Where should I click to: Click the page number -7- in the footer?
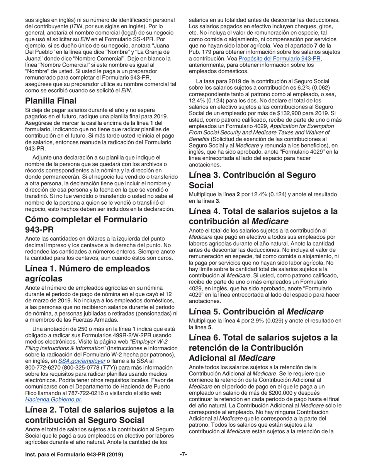tap(183, 455)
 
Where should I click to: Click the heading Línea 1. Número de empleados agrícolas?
tap(87, 273)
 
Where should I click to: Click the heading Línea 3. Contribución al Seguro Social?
tap(252, 180)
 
